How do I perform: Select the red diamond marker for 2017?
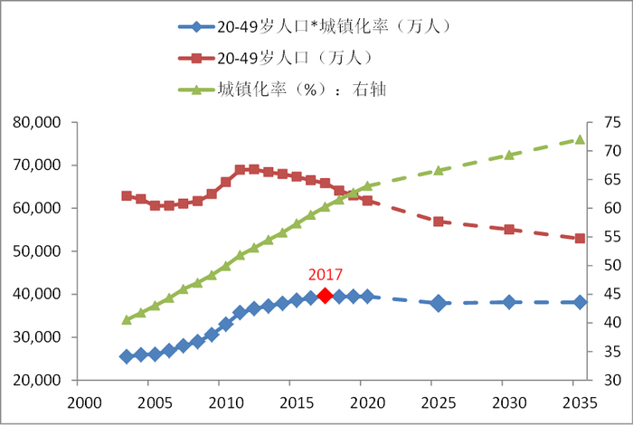326,295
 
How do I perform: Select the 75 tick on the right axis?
610,122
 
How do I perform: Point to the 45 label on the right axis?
610,295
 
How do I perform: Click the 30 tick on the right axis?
610,381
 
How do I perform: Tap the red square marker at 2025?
439,222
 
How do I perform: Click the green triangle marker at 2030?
509,155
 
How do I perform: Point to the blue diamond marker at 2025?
439,303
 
